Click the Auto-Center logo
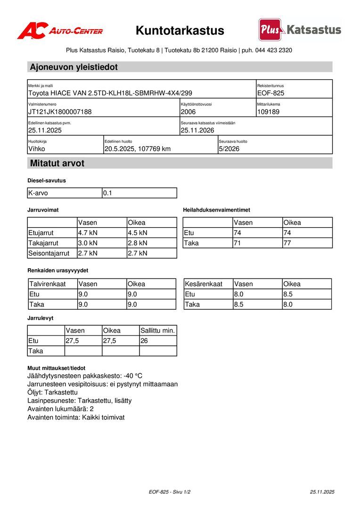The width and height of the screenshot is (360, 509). (60, 31)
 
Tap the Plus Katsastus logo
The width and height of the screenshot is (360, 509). (300, 30)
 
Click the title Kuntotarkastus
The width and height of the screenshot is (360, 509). (180, 31)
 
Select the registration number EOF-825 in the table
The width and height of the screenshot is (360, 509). (271, 93)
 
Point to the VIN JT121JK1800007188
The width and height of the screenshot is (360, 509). (60, 112)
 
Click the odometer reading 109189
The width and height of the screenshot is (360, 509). (269, 112)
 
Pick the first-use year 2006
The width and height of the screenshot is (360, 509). (188, 112)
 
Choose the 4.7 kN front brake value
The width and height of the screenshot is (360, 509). (88, 232)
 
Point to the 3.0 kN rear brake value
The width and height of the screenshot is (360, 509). (88, 243)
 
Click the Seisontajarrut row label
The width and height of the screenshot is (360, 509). (49, 254)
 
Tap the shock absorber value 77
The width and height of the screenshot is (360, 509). (287, 243)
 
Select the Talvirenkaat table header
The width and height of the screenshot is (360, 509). (48, 284)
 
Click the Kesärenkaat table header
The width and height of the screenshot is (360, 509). (204, 284)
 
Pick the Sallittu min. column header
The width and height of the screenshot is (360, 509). (157, 330)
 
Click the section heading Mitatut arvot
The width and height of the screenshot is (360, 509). (57, 164)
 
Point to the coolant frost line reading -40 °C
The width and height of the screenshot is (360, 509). (132, 376)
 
